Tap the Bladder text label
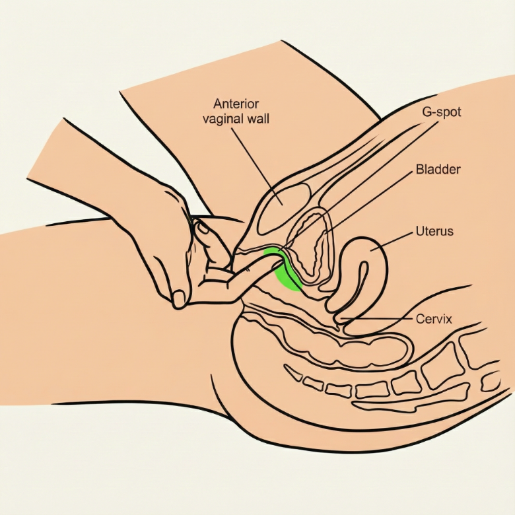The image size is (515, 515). coord(438,170)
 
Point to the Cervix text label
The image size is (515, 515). coord(433,319)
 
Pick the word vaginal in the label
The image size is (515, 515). coord(225,120)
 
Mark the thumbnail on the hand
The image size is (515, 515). coord(178,298)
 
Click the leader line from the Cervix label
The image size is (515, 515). coord(376,320)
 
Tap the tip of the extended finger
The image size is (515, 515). coord(278,261)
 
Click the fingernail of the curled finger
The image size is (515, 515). coord(201,227)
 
